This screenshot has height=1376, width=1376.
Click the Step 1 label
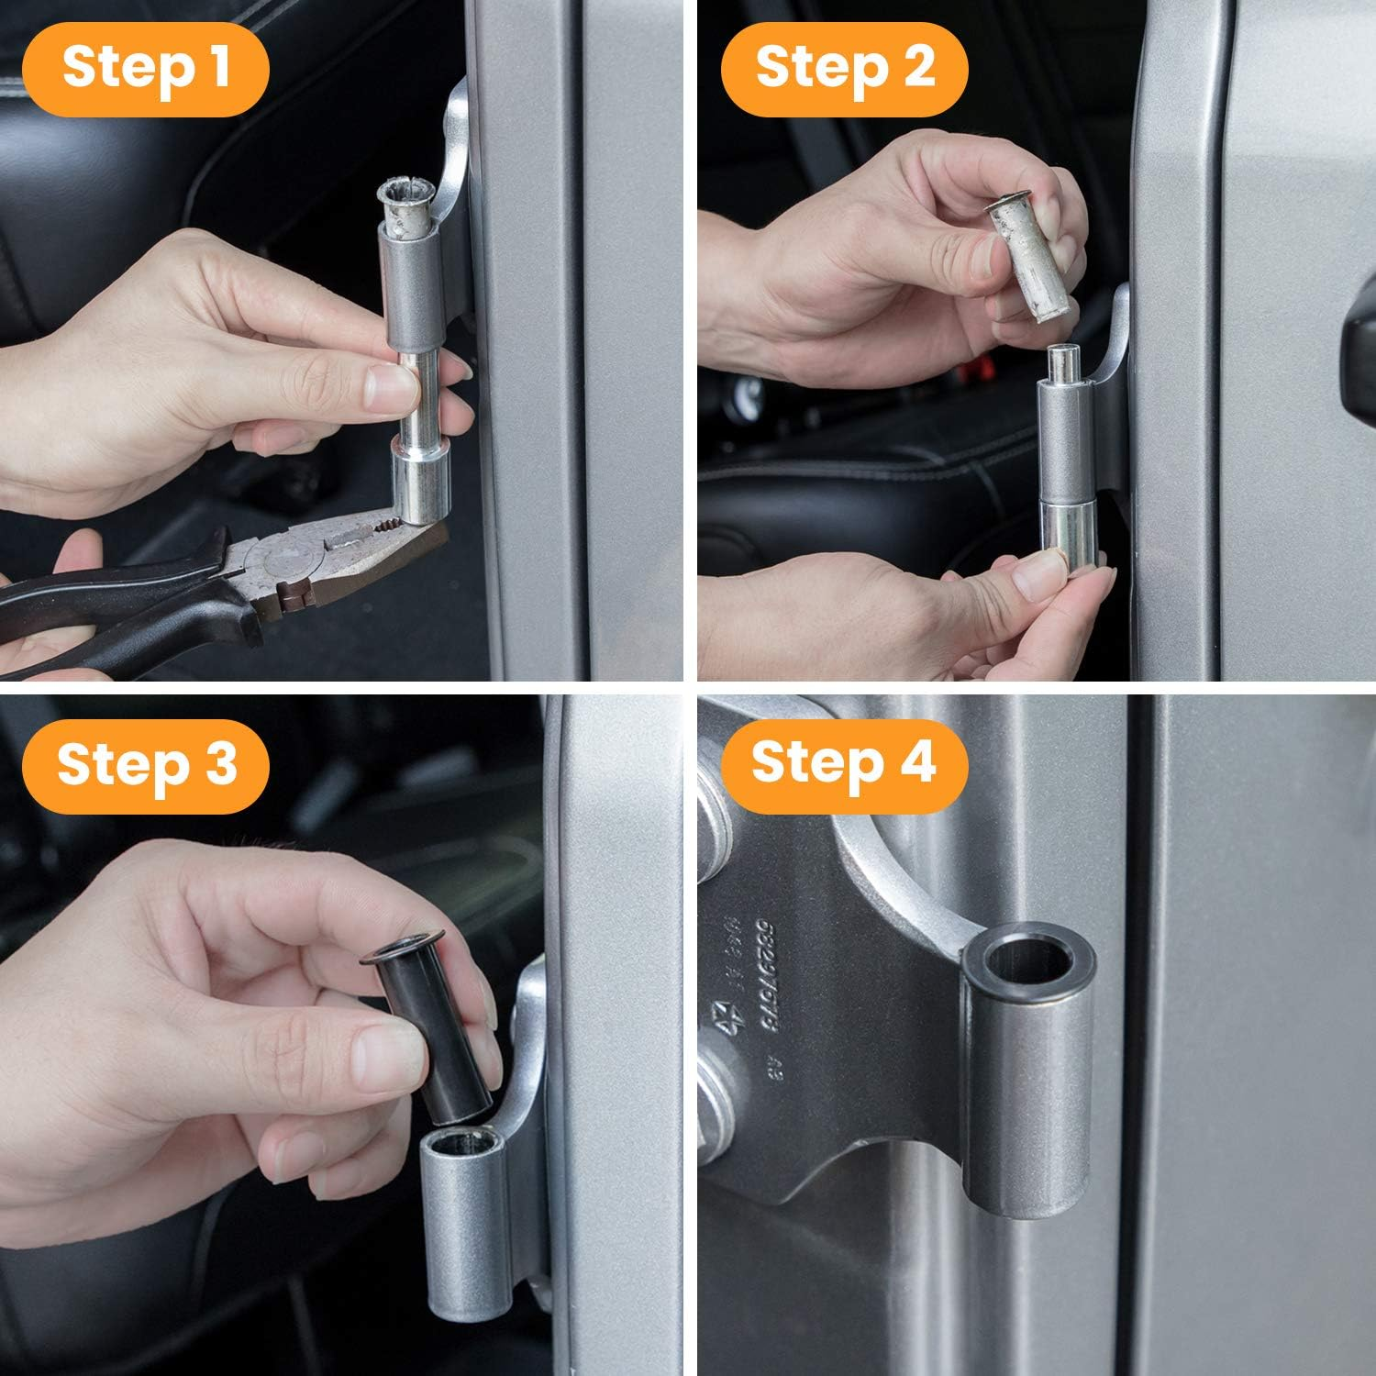146,68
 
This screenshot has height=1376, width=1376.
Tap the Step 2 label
844,68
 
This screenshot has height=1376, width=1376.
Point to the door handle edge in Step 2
1359,367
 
